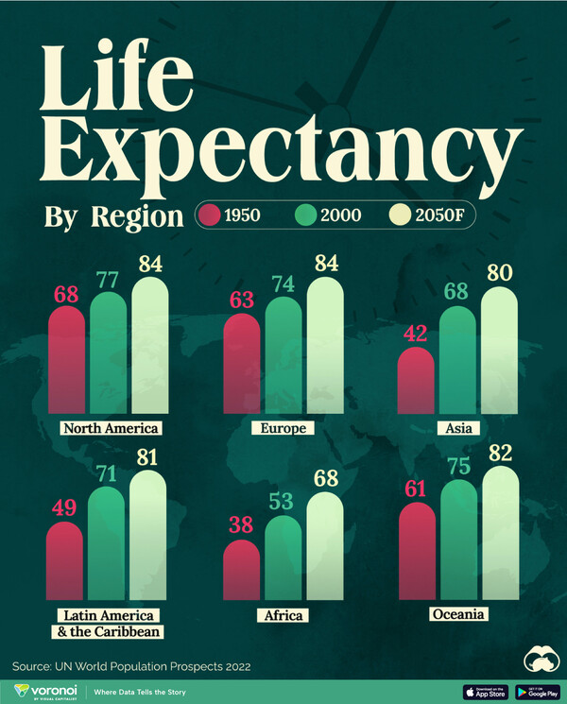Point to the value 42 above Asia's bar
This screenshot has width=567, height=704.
pos(417,335)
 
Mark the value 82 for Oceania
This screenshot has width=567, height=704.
pos(501,452)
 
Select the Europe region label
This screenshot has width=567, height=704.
pos(283,428)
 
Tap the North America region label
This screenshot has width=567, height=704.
pos(110,428)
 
